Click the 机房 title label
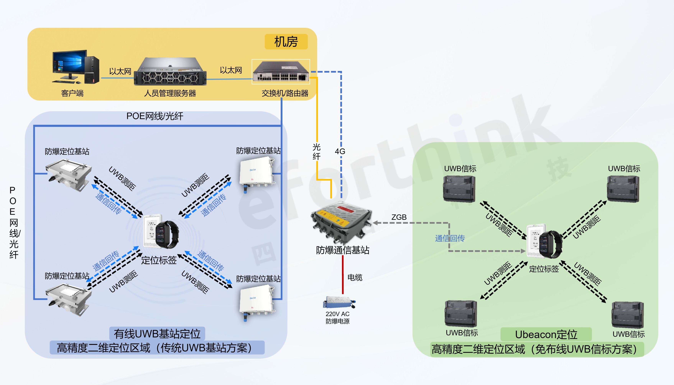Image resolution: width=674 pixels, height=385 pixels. [286, 42]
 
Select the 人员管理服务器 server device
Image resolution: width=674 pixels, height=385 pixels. [170, 72]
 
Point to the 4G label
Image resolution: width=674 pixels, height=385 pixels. [340, 151]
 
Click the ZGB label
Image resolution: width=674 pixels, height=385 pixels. [399, 217]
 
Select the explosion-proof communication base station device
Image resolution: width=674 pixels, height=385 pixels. [342, 222]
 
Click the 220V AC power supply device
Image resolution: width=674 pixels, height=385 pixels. [339, 302]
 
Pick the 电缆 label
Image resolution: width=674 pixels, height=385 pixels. [355, 277]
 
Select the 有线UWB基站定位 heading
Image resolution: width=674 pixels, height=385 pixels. [157, 334]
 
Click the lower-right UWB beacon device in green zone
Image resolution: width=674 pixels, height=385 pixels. [627, 315]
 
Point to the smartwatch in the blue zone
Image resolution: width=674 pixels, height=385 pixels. [167, 234]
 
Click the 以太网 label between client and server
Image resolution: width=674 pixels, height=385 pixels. [120, 71]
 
